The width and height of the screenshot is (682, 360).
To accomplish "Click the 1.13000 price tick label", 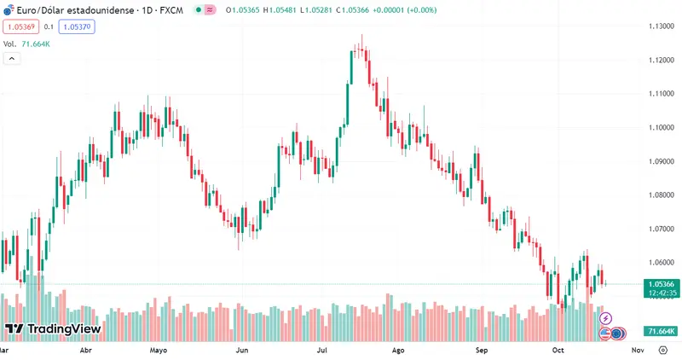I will coord(661,26).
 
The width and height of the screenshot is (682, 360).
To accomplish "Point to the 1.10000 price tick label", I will coord(661,128).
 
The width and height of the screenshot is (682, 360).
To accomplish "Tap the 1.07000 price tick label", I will coord(661,229).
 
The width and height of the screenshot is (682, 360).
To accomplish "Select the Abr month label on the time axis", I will coord(85,350).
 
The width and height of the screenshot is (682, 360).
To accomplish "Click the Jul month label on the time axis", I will coord(322,350).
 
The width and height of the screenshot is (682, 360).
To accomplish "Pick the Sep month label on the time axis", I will coord(482,350).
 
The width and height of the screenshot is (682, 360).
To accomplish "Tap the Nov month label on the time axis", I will coord(637,350).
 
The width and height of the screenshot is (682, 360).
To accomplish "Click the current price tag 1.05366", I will coord(662,284).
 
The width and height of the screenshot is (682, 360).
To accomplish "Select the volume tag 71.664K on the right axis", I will coord(662,331).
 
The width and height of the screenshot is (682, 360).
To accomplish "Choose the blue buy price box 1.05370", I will coord(77,27).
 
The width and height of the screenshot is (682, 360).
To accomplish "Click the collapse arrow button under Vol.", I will coord(12,58).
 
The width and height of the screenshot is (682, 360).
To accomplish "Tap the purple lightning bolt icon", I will coord(606,318).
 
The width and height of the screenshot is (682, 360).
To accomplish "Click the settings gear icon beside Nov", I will coord(662,350).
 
